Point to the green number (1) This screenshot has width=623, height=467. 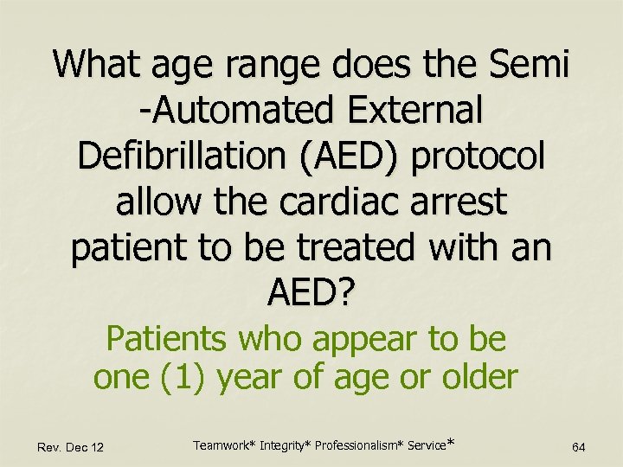[199, 377]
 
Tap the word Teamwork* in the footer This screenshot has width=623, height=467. [220, 445]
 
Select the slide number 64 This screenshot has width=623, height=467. [579, 446]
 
